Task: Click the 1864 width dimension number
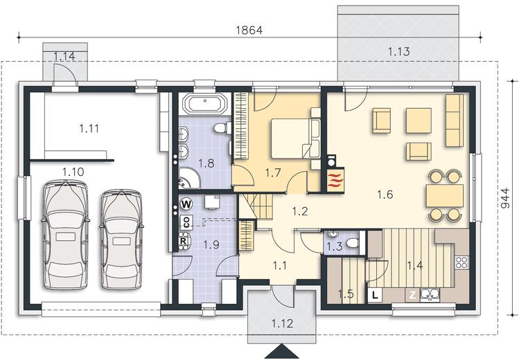(x=249, y=30)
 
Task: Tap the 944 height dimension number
(x=504, y=199)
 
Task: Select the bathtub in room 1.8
(x=205, y=104)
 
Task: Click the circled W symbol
(x=186, y=204)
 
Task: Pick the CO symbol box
(x=186, y=222)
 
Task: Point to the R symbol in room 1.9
(x=183, y=241)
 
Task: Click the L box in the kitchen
(x=375, y=295)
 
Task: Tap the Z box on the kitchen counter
(x=413, y=295)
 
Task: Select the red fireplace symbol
(x=336, y=180)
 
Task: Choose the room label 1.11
(x=89, y=128)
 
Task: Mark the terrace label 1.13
(x=399, y=51)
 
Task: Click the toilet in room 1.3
(x=353, y=243)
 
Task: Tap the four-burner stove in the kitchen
(x=461, y=262)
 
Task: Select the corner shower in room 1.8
(x=189, y=178)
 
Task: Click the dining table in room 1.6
(x=445, y=196)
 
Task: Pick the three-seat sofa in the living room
(x=455, y=120)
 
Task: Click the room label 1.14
(x=64, y=57)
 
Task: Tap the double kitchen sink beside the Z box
(x=430, y=295)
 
